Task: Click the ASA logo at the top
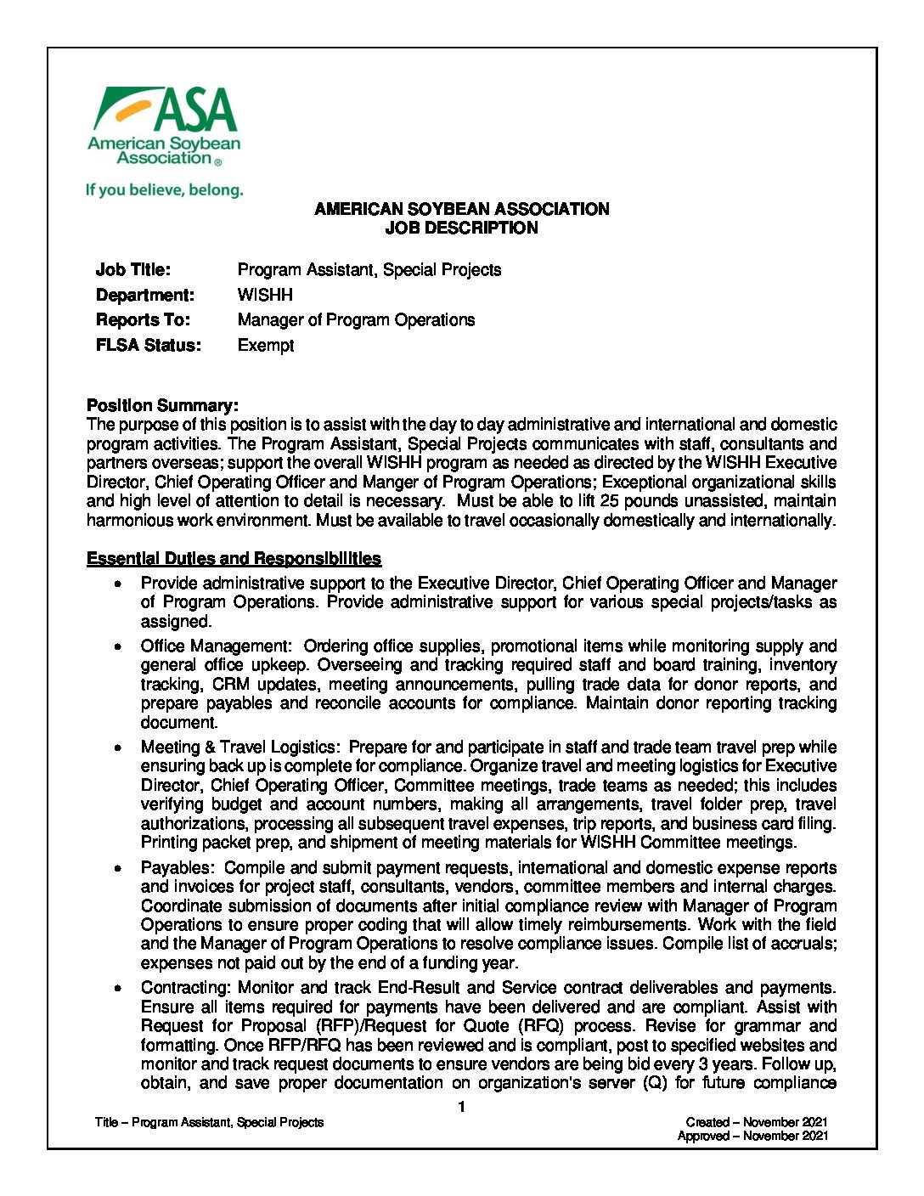coord(164,126)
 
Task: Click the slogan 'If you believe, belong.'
coord(164,190)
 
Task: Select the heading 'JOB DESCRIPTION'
coord(461,228)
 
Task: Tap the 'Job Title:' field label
coord(133,270)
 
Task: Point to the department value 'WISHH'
coord(265,295)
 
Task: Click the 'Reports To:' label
coord(143,320)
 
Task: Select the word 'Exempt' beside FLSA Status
coord(266,346)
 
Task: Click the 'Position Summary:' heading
coord(162,406)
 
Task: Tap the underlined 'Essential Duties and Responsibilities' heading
coord(234,559)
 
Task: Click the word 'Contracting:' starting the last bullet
coord(186,988)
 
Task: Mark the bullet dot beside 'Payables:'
coord(121,868)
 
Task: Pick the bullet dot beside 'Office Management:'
coord(121,646)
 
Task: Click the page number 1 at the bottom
coord(461,1107)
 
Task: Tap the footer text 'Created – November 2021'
coord(757,1122)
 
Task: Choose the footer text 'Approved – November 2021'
coord(752,1136)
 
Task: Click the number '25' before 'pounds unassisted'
coord(609,501)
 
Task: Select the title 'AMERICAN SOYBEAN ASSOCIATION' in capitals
coord(461,209)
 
